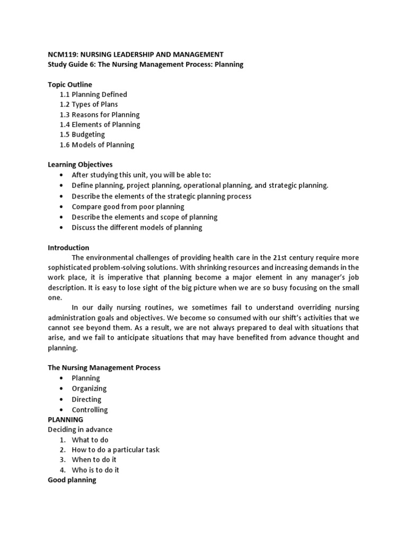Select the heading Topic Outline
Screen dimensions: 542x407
(x=70, y=85)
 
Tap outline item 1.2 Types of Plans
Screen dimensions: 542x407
(x=89, y=104)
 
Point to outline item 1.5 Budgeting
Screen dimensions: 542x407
(x=83, y=134)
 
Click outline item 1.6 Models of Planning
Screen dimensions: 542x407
(x=97, y=144)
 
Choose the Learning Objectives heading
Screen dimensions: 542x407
(x=80, y=165)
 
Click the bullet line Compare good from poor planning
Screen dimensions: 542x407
(x=128, y=206)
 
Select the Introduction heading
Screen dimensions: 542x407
(x=68, y=248)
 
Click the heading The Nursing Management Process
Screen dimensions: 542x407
(x=104, y=367)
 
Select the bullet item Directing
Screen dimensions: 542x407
(x=86, y=399)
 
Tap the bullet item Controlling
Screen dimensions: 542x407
(x=90, y=410)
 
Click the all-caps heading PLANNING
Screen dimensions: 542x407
(x=65, y=419)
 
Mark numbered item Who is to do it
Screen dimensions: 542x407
(x=95, y=470)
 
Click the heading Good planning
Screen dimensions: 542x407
(x=72, y=480)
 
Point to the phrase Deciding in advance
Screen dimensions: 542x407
(x=80, y=429)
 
